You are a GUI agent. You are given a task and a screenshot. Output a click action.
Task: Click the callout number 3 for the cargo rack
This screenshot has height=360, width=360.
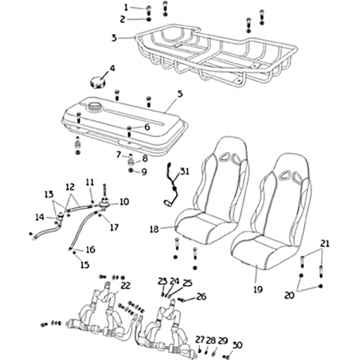tap(114, 38)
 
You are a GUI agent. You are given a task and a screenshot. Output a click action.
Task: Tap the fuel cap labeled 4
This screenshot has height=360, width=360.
tap(97, 81)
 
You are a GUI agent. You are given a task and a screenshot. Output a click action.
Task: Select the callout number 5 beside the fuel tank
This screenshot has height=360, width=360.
tap(180, 94)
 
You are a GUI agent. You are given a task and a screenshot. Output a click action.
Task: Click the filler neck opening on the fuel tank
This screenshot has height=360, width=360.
tap(93, 107)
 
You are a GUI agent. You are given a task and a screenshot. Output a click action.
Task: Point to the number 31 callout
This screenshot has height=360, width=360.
tap(185, 171)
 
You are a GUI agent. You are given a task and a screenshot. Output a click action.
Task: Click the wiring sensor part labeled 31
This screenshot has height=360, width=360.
tap(170, 186)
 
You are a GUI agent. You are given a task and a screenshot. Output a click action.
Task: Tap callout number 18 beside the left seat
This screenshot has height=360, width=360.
tap(155, 229)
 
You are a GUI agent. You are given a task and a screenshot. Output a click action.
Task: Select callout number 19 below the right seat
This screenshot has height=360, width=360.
tap(258, 289)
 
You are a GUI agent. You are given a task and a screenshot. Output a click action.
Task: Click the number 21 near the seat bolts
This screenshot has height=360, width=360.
tap(324, 244)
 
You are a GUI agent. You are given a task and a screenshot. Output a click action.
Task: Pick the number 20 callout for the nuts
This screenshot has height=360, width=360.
tap(289, 295)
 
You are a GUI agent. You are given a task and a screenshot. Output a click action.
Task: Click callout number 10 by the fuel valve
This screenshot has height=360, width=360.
tap(124, 202)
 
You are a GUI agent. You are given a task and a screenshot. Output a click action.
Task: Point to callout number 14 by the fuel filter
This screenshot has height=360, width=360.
tap(40, 217)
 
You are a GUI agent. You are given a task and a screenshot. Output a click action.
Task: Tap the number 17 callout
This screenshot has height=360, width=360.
tap(114, 228)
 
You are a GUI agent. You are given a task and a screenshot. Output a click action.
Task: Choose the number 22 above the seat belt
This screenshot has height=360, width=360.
tap(126, 286)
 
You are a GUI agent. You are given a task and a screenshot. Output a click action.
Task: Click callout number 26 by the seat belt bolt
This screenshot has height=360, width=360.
tap(202, 296)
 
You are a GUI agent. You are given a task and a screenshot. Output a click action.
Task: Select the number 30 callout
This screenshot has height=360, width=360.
tap(237, 345)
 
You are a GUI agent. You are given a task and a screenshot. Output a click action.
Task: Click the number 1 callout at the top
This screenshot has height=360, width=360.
tap(127, 8)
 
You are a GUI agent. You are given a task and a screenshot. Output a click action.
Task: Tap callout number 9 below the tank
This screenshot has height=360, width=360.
tap(144, 172)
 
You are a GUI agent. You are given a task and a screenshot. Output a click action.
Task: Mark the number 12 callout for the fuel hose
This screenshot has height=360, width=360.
tap(70, 187)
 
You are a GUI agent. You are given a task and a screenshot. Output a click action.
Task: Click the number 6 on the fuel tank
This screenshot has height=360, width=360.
tap(147, 127)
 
